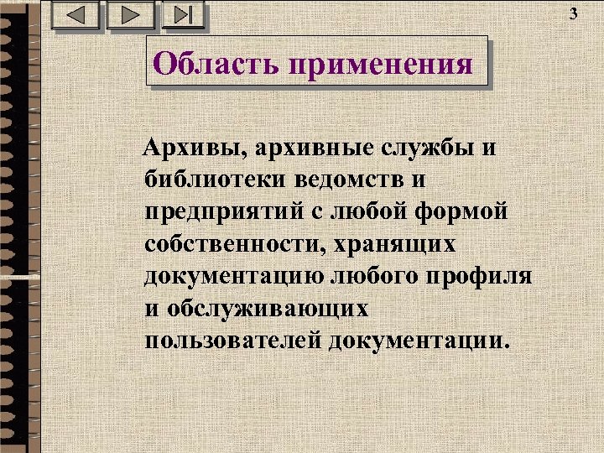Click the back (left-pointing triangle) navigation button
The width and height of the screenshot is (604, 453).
(x=75, y=15)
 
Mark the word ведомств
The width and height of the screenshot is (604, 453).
(x=347, y=180)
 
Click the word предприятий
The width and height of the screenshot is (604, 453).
(x=221, y=212)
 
